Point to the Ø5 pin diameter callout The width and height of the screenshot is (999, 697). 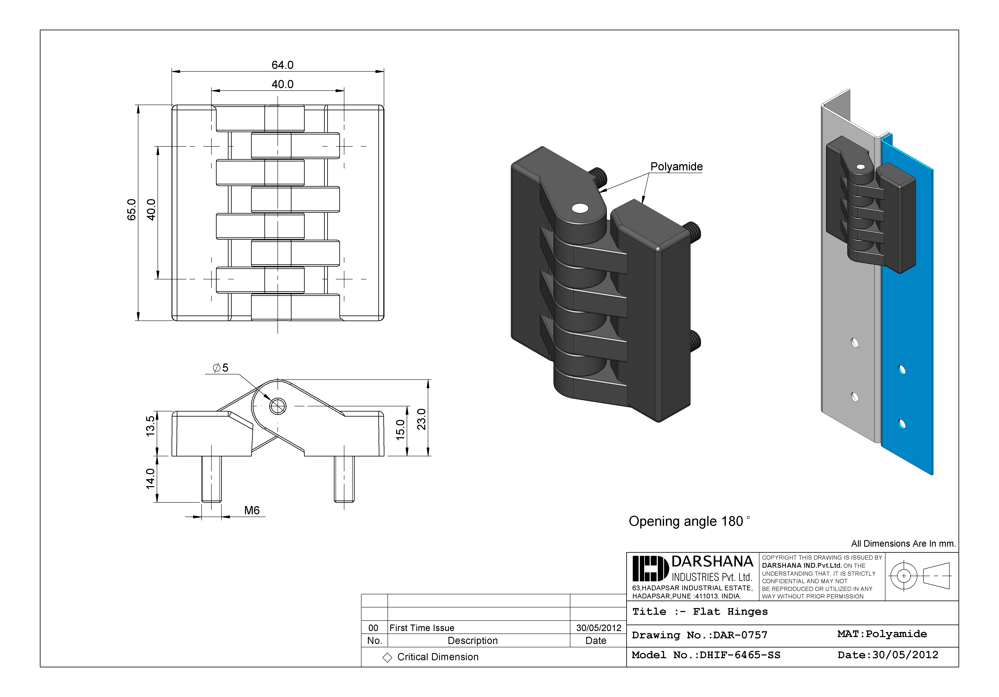click(221, 368)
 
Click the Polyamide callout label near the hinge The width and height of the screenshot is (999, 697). click(676, 167)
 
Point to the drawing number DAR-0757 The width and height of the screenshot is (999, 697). click(740, 635)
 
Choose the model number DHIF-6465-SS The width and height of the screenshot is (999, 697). click(740, 655)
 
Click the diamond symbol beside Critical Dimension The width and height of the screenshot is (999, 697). click(387, 657)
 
